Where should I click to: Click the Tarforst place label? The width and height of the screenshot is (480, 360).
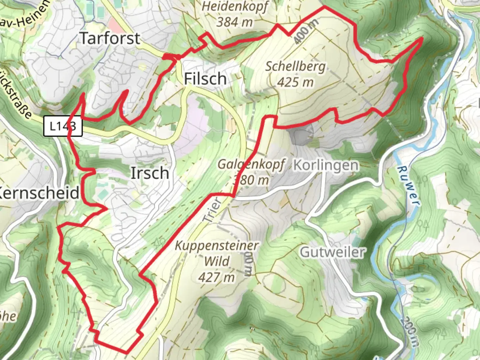click(x=110, y=38)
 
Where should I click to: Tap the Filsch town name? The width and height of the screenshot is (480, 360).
click(x=205, y=79)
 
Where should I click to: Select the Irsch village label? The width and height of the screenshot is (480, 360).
click(x=150, y=173)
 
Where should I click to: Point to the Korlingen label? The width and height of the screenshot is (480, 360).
click(x=326, y=165)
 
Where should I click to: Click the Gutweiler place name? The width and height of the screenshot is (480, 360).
click(x=332, y=252)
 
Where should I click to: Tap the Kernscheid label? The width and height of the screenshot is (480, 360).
click(x=39, y=193)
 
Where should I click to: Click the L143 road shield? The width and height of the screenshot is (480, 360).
click(x=63, y=126)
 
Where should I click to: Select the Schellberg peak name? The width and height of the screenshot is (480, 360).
click(x=295, y=66)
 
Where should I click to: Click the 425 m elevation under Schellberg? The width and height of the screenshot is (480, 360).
click(x=295, y=82)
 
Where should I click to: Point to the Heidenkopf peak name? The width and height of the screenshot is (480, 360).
click(x=235, y=7)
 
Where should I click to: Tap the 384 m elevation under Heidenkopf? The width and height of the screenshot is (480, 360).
click(x=235, y=22)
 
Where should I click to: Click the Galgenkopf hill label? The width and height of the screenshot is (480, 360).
click(x=251, y=164)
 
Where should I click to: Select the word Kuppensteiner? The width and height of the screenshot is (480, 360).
click(x=217, y=246)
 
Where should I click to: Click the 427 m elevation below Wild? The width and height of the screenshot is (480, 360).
click(x=217, y=277)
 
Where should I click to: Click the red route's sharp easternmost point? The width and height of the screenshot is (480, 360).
click(x=422, y=38)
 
